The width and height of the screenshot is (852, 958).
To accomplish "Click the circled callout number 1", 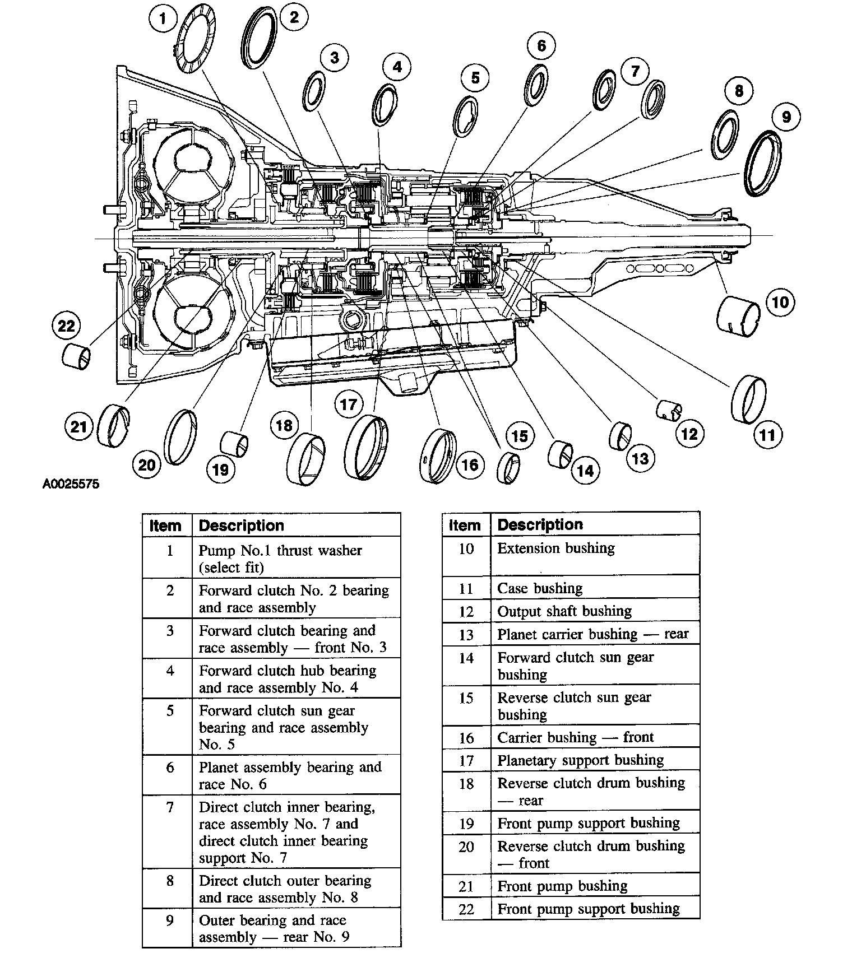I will (x=162, y=20).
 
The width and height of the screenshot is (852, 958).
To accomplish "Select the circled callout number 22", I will (x=66, y=325).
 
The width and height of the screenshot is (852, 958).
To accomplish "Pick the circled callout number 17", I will (x=349, y=404).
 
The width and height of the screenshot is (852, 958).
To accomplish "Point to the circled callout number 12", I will (x=689, y=433).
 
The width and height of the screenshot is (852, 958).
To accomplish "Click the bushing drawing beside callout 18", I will (x=305, y=458).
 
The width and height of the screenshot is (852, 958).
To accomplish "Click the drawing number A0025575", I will (x=71, y=483).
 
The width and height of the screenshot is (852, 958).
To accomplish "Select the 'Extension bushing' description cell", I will (x=595, y=554).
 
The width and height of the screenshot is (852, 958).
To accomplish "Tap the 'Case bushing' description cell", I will (x=595, y=588).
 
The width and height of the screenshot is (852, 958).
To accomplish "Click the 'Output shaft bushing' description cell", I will (x=595, y=611).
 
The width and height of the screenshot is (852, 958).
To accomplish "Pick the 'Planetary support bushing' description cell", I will (x=595, y=760).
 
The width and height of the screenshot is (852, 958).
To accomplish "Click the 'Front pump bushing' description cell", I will (x=595, y=886).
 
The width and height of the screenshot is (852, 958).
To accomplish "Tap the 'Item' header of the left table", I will (x=166, y=525).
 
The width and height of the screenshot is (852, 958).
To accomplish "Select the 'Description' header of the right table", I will (x=540, y=524).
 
